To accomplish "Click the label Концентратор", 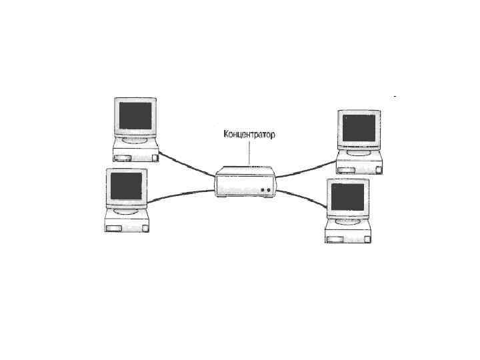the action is [x=249, y=135].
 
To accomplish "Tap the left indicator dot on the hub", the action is [x=263, y=191].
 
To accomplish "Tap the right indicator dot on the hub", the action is [x=270, y=191].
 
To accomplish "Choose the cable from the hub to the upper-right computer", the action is [x=307, y=168].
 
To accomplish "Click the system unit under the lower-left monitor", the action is [x=127, y=223].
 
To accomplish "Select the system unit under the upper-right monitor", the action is [x=360, y=165].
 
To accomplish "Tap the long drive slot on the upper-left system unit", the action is [x=123, y=158].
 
